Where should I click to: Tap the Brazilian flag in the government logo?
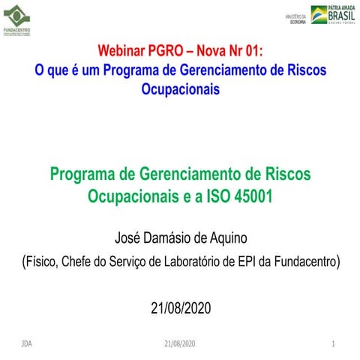pyautogui.click(x=319, y=15)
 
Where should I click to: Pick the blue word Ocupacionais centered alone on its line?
pyautogui.click(x=181, y=88)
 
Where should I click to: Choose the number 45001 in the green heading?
pyautogui.click(x=251, y=196)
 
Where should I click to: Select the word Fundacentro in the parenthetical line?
pyautogui.click(x=307, y=262)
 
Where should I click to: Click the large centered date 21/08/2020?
pyautogui.click(x=181, y=308)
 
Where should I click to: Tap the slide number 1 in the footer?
pyautogui.click(x=332, y=343)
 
